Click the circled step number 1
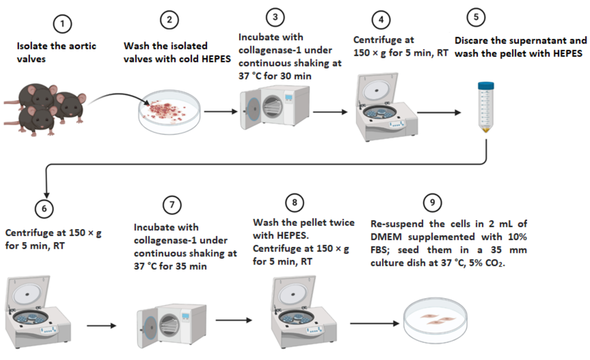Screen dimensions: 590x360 tap(62, 24)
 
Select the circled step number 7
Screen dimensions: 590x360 tap(172, 205)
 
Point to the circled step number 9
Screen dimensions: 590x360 tap(432, 202)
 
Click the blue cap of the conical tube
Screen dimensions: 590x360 tap(486, 86)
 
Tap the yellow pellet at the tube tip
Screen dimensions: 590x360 tap(486, 129)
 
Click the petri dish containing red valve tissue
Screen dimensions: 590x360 tap(169, 112)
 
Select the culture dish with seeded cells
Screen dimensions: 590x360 tap(435, 320)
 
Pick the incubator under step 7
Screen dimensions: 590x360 tap(172, 326)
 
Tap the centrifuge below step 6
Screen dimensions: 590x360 tap(38, 312)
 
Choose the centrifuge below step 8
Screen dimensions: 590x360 tap(304, 312)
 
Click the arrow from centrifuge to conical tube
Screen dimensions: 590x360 tap(439, 112)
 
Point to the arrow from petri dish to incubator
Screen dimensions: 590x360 tap(221, 111)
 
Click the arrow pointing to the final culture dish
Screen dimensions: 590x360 tap(375, 323)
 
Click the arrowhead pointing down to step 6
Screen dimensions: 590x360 tap(46, 195)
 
